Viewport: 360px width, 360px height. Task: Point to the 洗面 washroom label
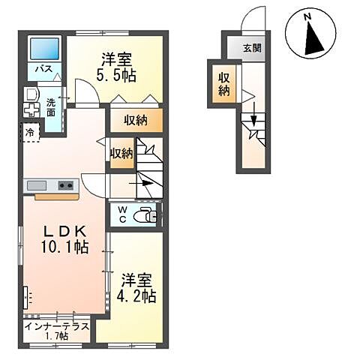pyautogui.click(x=50, y=106)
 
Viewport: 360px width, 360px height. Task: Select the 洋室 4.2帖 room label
pyautogui.click(x=135, y=289)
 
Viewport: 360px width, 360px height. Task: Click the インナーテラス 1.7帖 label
pyautogui.click(x=56, y=331)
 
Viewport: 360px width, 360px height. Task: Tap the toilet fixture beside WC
pyautogui.click(x=145, y=216)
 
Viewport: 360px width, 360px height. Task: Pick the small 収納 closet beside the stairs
pyautogui.click(x=121, y=153)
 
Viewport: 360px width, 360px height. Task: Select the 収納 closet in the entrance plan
pyautogui.click(x=224, y=83)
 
